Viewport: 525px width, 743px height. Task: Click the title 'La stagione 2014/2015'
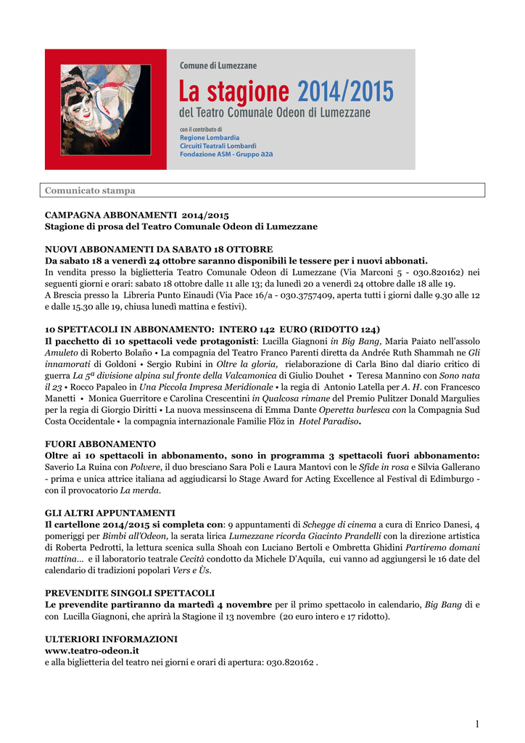click(286, 93)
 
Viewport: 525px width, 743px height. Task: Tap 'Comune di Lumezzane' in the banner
click(218, 66)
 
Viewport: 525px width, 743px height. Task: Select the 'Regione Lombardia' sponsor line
click(210, 137)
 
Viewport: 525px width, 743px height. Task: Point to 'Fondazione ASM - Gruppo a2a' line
click(226, 154)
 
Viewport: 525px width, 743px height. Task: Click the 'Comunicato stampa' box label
click(90, 191)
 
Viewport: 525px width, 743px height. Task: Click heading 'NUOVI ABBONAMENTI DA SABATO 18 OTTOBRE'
click(159, 249)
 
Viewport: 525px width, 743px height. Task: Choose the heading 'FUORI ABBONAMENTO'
click(100, 443)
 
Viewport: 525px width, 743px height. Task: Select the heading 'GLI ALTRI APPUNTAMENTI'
click(110, 512)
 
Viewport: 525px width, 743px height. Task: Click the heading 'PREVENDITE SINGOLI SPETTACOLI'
click(130, 593)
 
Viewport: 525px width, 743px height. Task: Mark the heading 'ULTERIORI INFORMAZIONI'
click(111, 639)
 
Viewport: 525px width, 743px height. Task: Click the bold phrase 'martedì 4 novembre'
click(226, 604)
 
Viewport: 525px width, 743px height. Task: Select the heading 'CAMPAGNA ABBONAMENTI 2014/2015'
click(137, 215)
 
